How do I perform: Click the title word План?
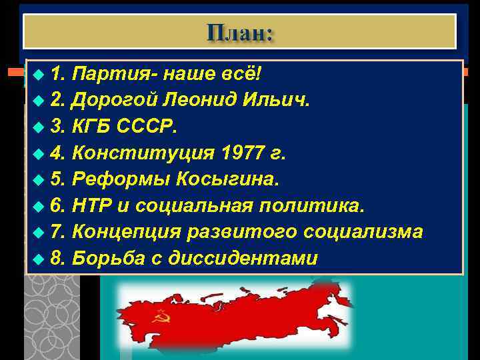[239, 31]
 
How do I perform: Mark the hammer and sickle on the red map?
[161, 315]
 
